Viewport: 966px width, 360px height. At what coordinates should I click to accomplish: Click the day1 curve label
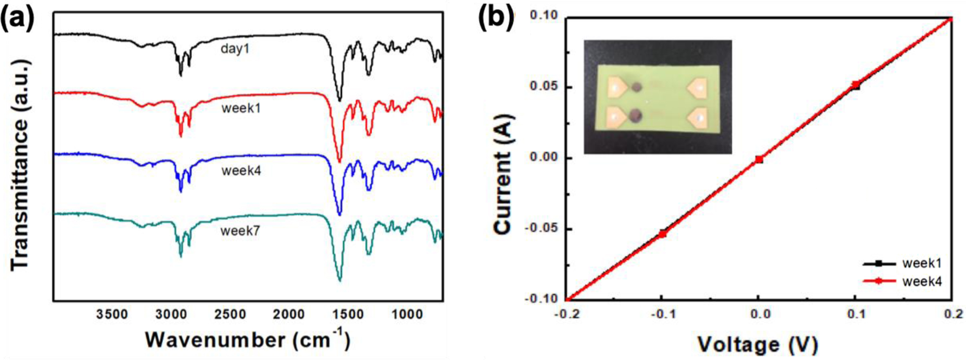235,49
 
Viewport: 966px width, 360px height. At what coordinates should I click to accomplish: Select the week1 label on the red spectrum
241,108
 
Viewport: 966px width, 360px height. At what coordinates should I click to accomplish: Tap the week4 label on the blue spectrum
241,171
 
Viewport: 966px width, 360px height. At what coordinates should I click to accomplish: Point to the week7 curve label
240,231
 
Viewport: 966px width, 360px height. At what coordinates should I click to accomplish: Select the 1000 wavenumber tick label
407,315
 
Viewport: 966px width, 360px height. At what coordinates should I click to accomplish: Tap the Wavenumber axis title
248,340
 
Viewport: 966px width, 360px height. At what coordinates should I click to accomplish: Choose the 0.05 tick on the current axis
544,87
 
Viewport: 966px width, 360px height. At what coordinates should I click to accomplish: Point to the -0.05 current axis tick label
541,229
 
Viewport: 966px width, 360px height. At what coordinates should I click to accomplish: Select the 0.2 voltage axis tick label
953,314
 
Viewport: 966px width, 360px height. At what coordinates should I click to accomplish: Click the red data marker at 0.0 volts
759,159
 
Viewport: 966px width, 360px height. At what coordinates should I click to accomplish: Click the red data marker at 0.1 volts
855,85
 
